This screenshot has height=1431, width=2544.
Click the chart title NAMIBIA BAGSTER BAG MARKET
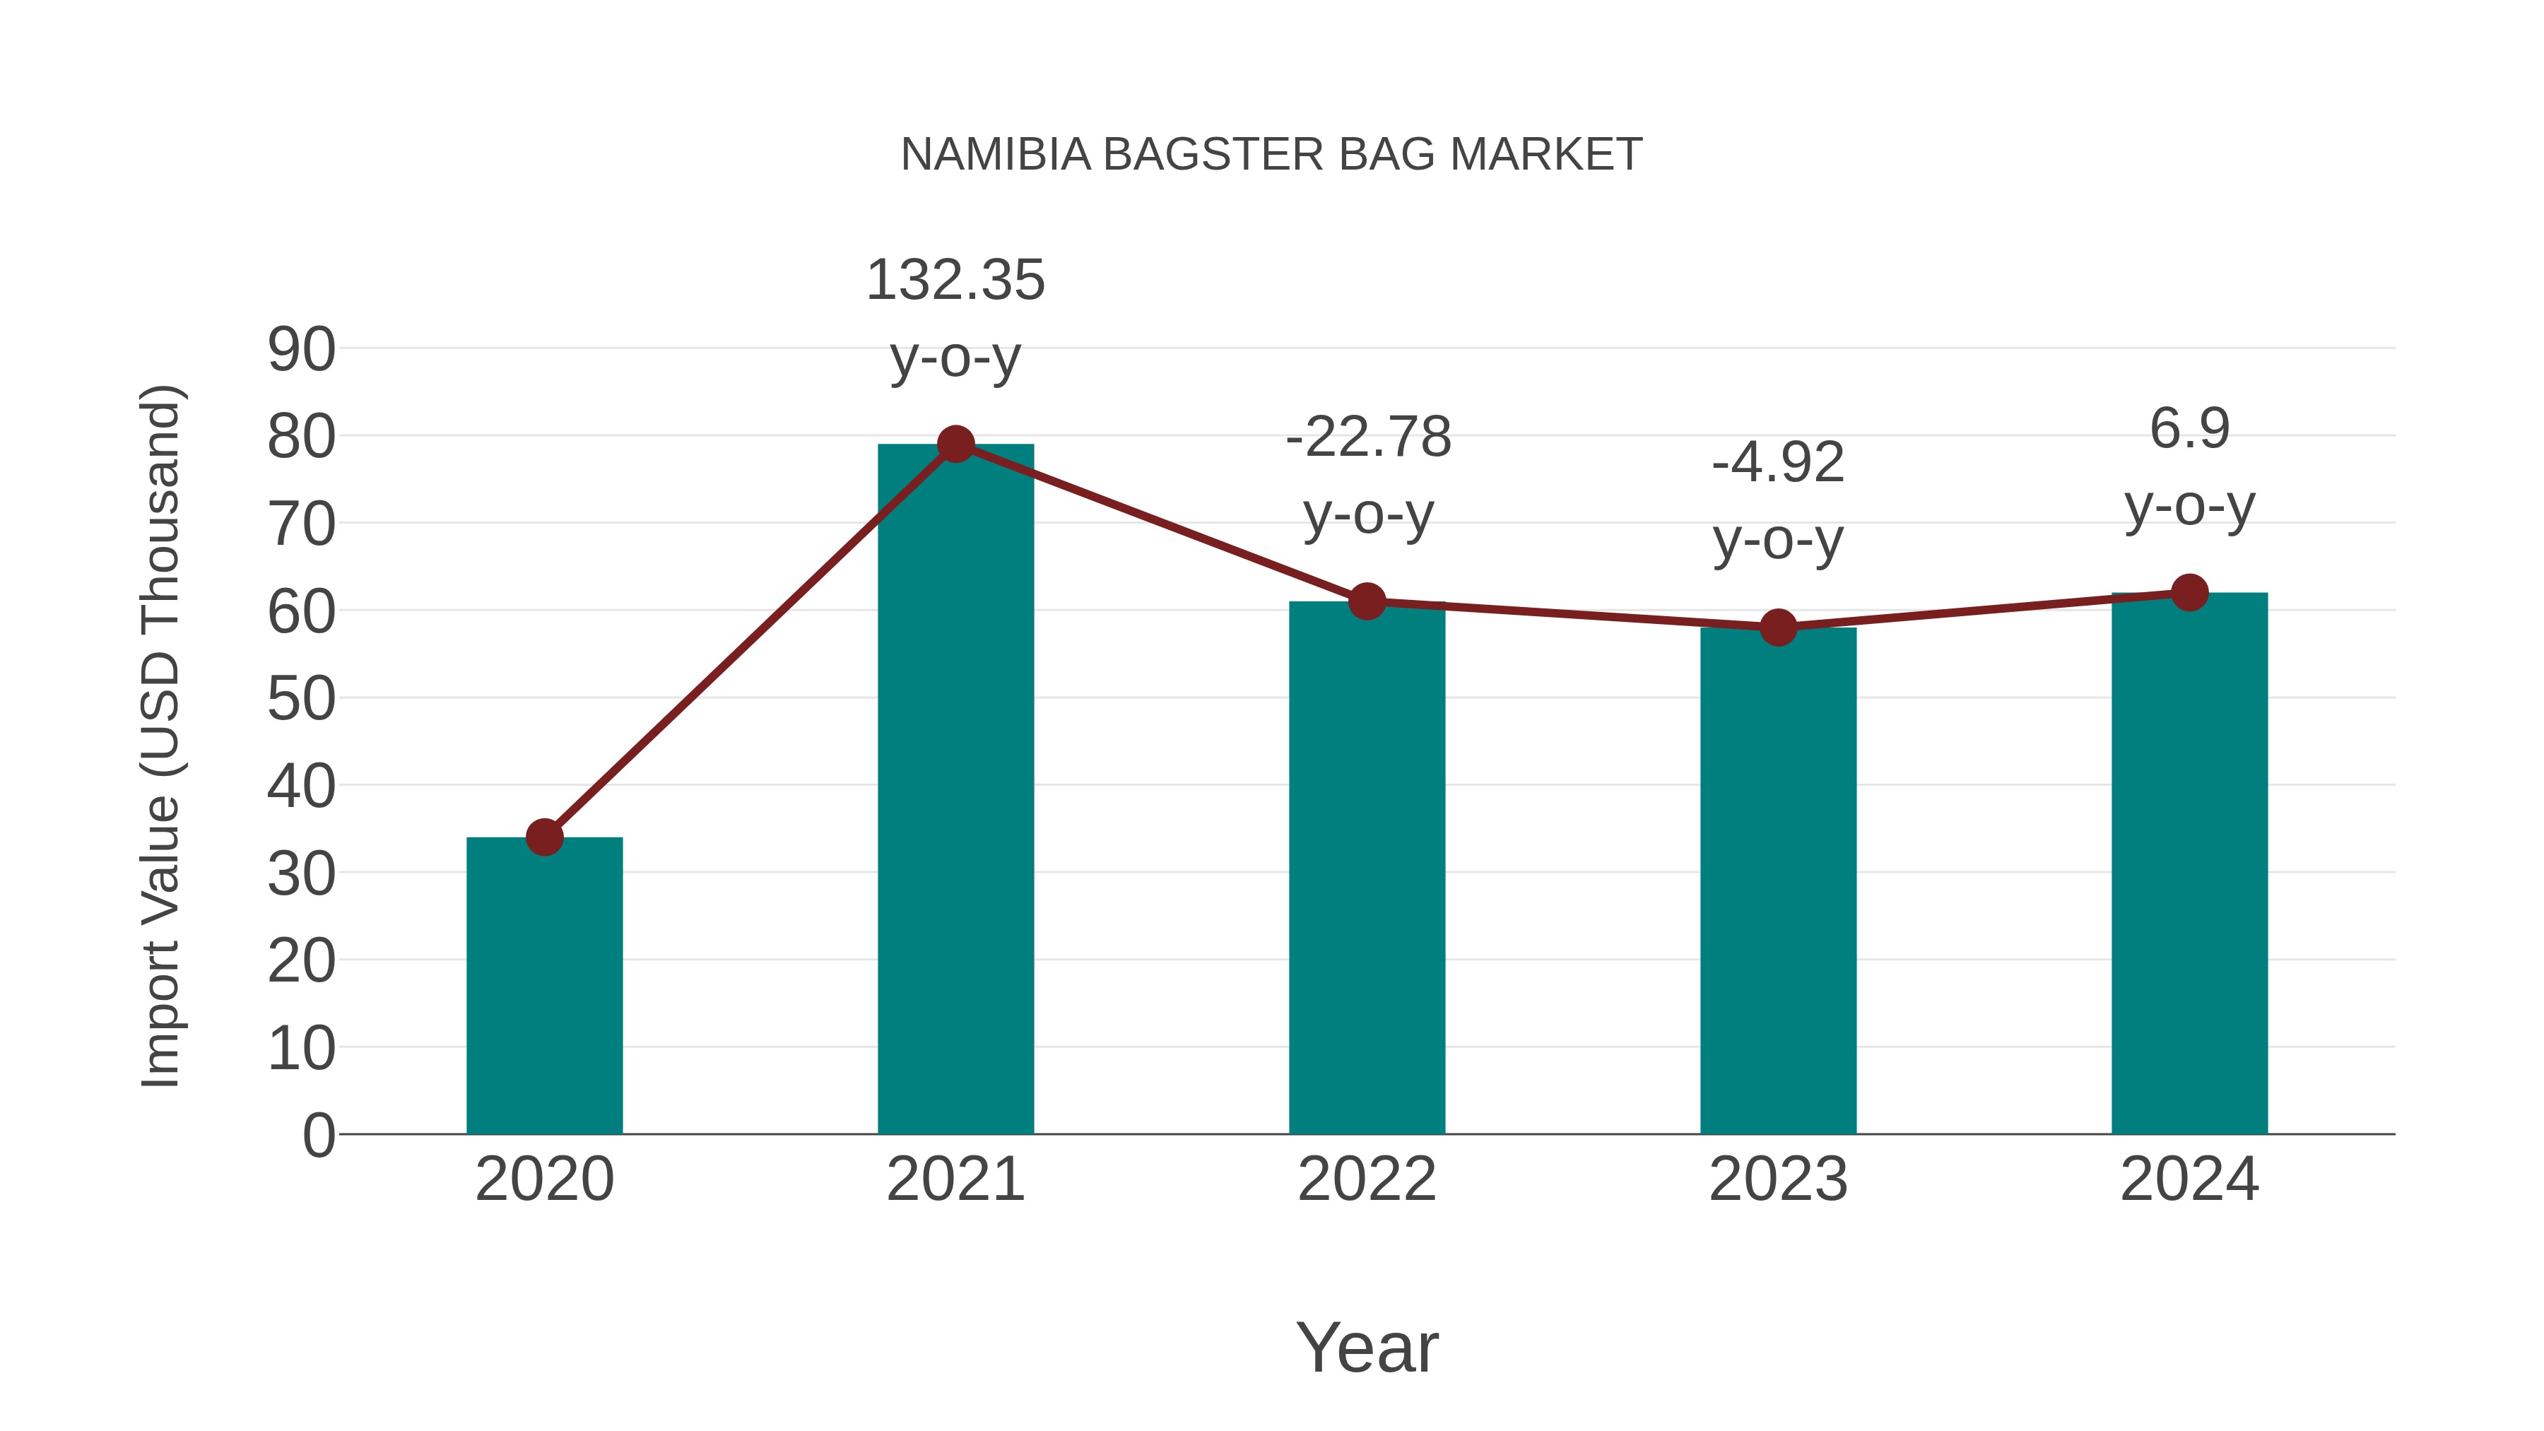1271,155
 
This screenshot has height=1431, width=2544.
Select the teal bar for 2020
544,988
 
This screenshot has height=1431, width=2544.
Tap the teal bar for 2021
955,790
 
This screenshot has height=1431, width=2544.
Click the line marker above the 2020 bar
544,837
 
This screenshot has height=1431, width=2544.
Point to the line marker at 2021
955,444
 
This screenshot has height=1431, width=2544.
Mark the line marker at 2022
1367,601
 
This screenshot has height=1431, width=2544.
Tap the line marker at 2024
2189,593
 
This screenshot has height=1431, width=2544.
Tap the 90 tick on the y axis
301,350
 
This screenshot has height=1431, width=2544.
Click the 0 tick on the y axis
318,1135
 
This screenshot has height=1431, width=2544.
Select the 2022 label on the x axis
1367,1179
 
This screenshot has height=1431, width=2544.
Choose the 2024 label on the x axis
2189,1179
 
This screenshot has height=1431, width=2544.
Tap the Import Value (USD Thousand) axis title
160,736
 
